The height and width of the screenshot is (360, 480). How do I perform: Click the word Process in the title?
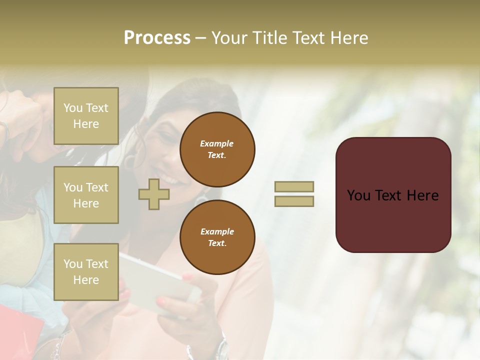tap(157, 38)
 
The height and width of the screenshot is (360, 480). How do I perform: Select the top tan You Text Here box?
tap(86, 116)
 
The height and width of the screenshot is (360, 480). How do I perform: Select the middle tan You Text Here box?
tap(86, 195)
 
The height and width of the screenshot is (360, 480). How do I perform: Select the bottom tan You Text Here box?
tap(86, 271)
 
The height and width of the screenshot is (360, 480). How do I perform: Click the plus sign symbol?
tap(154, 194)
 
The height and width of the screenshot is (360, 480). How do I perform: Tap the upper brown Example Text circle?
tap(217, 149)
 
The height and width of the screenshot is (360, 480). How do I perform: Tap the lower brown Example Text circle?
tap(217, 237)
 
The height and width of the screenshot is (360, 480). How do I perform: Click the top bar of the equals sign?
tap(294, 186)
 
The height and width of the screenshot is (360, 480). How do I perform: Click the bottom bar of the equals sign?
tap(294, 201)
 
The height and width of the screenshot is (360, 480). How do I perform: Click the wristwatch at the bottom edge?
tap(221, 348)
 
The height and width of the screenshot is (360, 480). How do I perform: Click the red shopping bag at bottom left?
tap(20, 332)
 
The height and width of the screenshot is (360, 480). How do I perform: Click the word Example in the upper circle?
tap(216, 143)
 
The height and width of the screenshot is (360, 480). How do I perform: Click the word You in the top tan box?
tap(72, 108)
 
